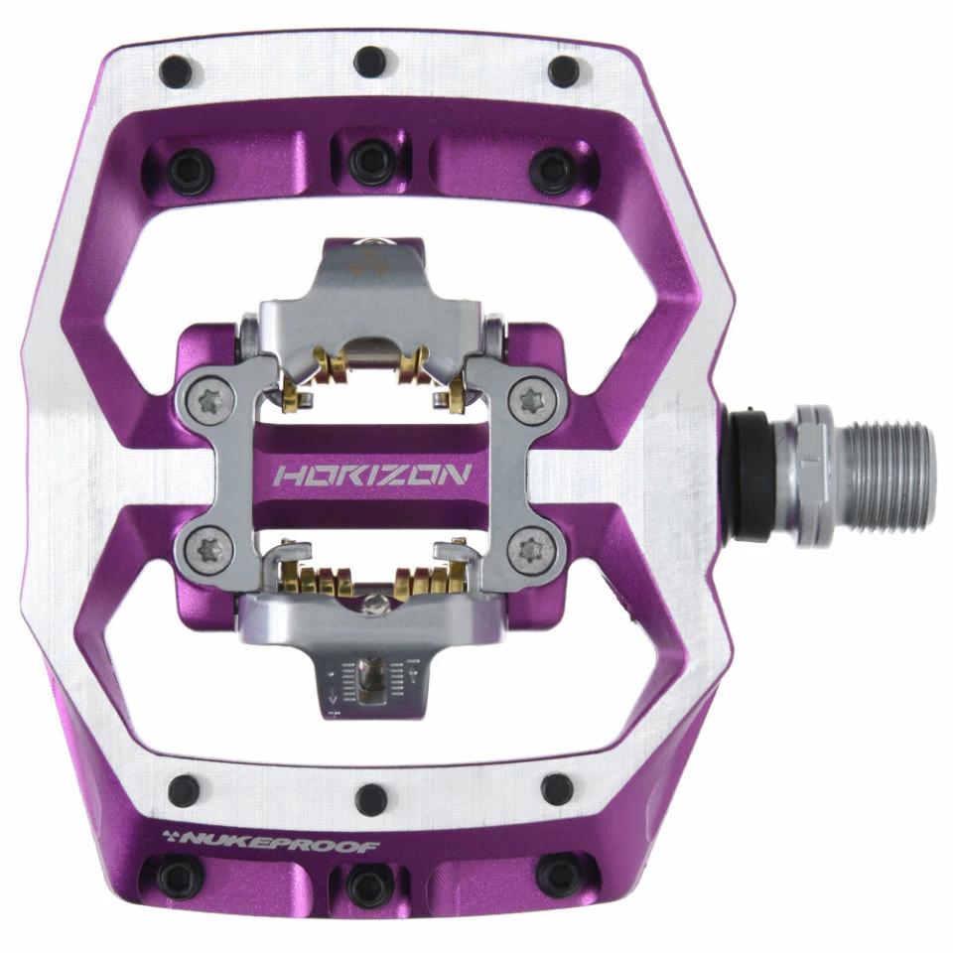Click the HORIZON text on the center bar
click(x=371, y=475)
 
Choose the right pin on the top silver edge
click(x=564, y=71)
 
